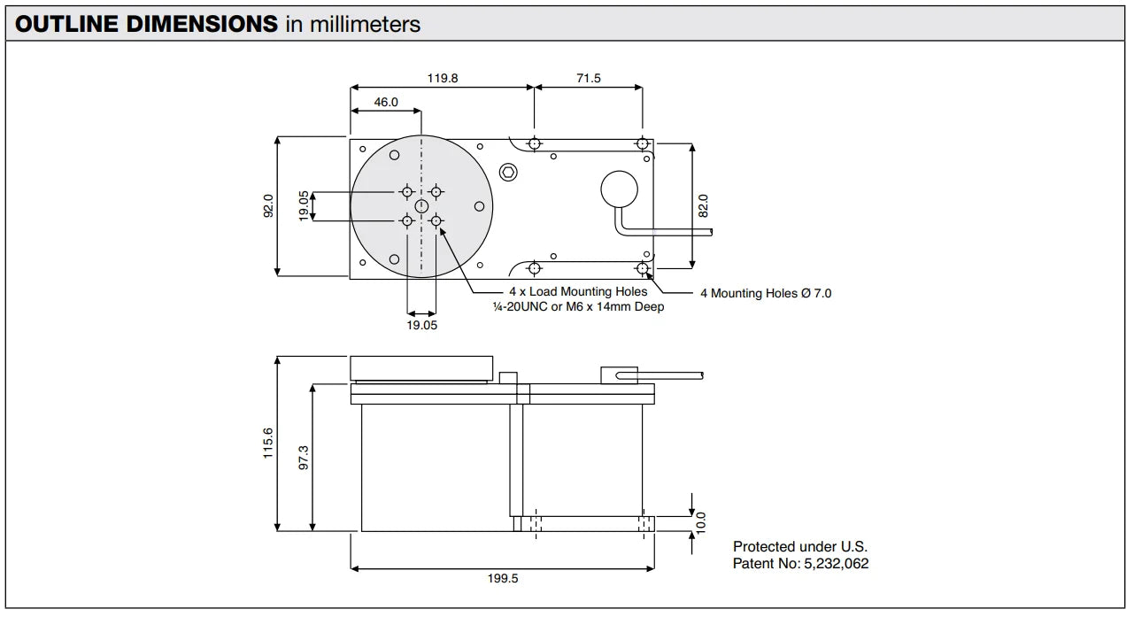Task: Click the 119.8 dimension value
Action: coord(443,78)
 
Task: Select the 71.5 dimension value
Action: coord(589,78)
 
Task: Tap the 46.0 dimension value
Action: coord(386,102)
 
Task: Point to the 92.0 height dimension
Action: coord(268,205)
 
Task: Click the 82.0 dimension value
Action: coord(704,205)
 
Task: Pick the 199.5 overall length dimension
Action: coord(502,578)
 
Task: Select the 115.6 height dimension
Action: coord(268,443)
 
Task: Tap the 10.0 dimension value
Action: coord(701,522)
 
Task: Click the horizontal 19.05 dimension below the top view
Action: coord(421,325)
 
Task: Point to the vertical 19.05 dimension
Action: coord(304,205)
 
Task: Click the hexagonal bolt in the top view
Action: coord(508,171)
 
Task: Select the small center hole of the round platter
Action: coord(421,205)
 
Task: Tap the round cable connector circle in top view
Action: coord(619,189)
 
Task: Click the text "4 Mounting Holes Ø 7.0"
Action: coord(766,293)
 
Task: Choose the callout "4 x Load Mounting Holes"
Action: coord(577,291)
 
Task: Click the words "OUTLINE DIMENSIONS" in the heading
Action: coord(147,24)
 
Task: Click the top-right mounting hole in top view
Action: coord(642,143)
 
